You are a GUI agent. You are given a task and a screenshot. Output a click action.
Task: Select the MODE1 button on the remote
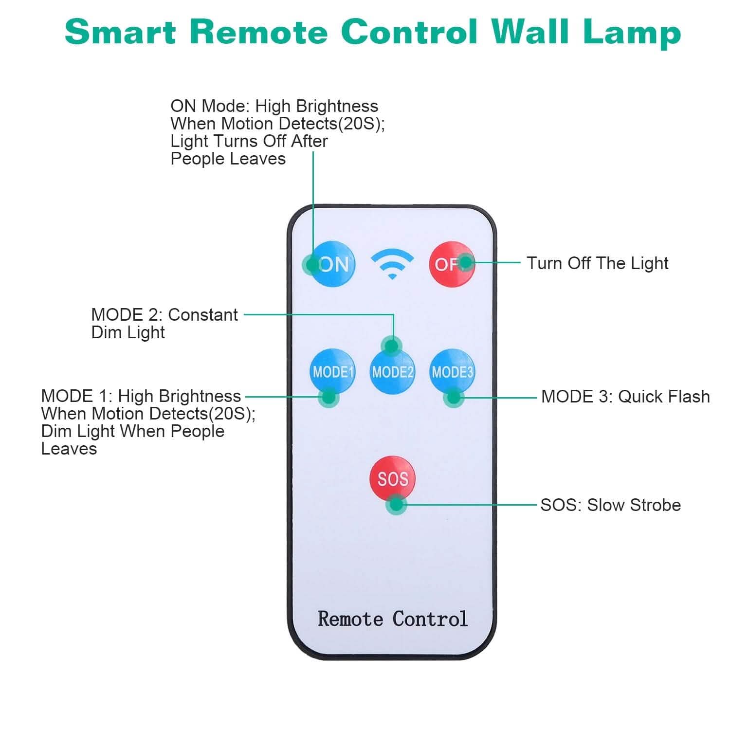[x=333, y=371]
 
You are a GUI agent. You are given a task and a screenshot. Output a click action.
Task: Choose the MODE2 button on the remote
[x=393, y=372]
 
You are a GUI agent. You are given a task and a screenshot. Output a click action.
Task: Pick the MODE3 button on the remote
[x=453, y=372]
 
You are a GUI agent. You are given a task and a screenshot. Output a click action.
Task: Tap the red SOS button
[x=392, y=478]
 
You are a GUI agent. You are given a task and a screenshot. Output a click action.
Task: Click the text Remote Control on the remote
[x=392, y=619]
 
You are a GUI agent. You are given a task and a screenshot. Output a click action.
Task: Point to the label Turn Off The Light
[x=597, y=263]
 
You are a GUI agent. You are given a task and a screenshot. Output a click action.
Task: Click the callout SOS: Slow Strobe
[x=610, y=505]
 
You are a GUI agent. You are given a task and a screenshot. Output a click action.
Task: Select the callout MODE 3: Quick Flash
[x=625, y=397]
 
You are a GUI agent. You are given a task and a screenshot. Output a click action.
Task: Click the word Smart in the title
[x=120, y=32]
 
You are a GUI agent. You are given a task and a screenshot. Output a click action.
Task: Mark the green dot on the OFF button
[x=466, y=262]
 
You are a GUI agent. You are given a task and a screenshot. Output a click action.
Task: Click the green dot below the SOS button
[x=396, y=505]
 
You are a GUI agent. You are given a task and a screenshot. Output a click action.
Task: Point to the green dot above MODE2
[x=391, y=346]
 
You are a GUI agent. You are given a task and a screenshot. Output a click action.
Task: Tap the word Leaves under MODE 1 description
[x=69, y=449]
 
